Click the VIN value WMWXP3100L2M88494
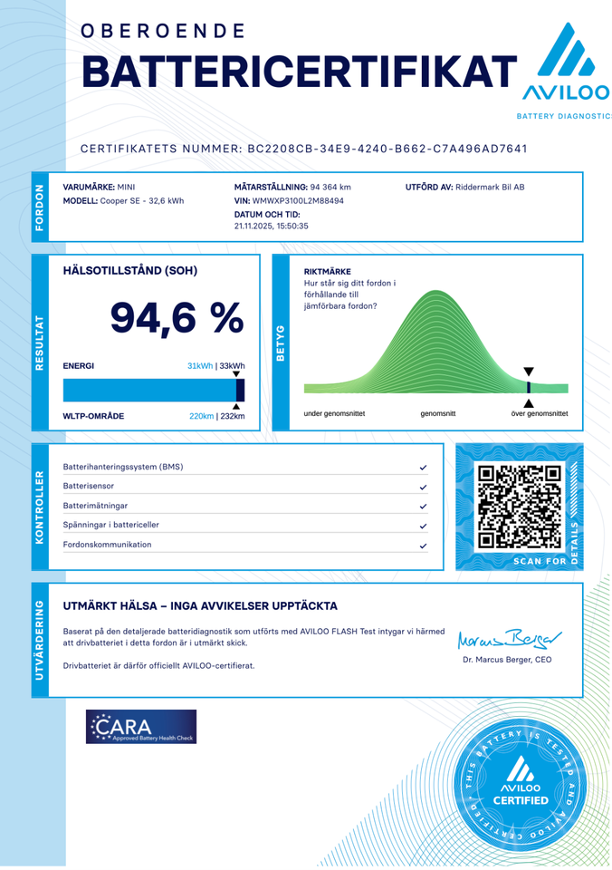tap(298, 200)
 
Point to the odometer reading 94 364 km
tap(330, 187)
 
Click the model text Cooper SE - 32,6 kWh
tap(141, 200)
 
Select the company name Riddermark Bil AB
tap(491, 187)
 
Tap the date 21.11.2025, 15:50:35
tap(271, 226)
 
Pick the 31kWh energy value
tap(199, 366)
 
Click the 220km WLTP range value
tap(201, 416)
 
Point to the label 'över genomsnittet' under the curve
tap(540, 413)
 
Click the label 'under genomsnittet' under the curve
tap(334, 413)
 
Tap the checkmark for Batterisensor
tap(423, 488)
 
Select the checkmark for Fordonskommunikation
tap(423, 546)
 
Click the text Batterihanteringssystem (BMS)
tap(123, 468)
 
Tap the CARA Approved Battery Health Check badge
tap(141, 728)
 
